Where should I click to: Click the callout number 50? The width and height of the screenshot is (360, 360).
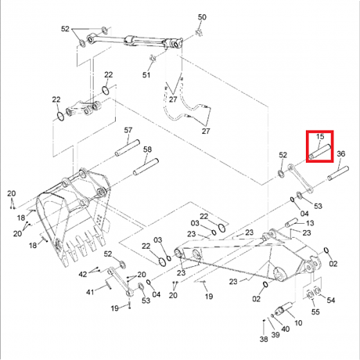pos(202,17)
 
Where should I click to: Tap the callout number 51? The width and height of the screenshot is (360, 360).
pos(146,75)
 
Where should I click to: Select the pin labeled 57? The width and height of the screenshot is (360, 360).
pos(128,148)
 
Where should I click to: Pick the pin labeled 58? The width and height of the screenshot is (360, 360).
pos(146,167)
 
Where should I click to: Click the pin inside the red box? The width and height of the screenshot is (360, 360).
pos(319,152)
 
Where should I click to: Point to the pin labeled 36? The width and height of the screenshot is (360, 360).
pos(338,173)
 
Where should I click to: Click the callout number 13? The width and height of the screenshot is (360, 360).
pos(310,223)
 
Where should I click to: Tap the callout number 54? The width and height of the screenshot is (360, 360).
pos(331,300)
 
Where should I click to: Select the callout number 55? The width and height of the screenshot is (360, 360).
pos(315,311)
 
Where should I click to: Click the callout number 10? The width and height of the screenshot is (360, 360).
pos(298,322)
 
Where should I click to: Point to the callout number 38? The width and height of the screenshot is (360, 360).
pos(264,339)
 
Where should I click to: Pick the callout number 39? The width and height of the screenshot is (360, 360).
pos(275,335)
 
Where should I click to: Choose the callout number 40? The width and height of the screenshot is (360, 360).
pos(286,329)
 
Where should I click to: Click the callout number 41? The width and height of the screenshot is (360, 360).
pos(90,292)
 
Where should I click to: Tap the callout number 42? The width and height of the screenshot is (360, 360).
pos(83,274)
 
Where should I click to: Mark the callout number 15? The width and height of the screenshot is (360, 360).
pos(320,136)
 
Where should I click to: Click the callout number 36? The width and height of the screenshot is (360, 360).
pos(341,153)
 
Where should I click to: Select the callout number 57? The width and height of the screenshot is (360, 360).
pos(128,130)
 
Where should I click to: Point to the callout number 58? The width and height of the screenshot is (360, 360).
pos(147,149)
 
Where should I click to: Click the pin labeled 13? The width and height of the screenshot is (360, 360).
pos(291,222)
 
